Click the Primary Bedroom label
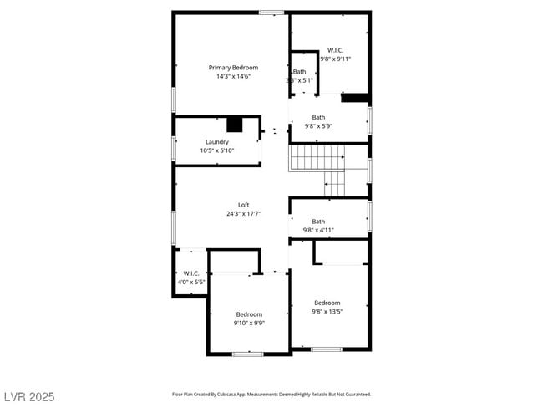click(233, 67)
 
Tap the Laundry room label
click(216, 142)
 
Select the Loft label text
click(243, 205)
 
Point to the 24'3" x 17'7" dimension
click(243, 213)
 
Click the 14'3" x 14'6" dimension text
click(233, 76)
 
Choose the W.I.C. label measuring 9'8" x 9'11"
click(335, 50)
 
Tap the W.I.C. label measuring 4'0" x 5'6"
click(190, 273)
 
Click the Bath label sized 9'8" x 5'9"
click(318, 117)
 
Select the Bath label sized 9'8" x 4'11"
click(318, 222)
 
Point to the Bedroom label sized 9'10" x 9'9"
click(249, 314)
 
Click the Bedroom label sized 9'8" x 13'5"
click(327, 303)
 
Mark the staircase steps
click(317, 157)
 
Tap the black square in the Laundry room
click(235, 125)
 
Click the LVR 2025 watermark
click(29, 395)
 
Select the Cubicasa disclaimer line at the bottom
click(271, 394)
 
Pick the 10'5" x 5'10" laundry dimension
click(216, 150)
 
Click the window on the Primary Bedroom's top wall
click(271, 12)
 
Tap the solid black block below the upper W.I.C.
click(355, 97)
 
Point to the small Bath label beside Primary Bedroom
click(299, 72)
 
